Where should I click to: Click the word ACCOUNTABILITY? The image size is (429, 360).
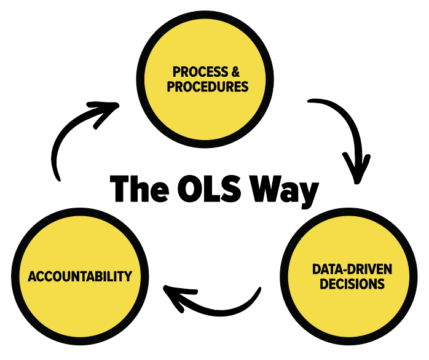coord(80,276)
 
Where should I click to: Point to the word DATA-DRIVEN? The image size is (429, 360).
coord(352,270)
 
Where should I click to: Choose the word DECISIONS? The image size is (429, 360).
coord(352,284)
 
